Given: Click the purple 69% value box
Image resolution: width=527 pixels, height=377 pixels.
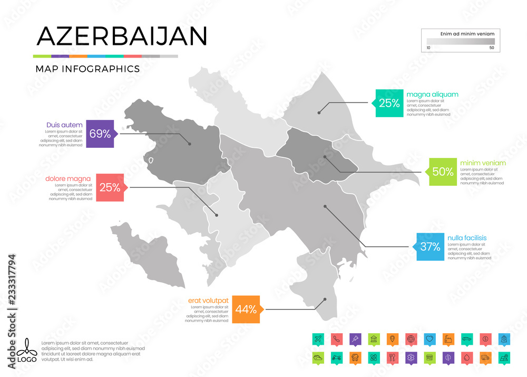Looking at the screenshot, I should (x=100, y=134).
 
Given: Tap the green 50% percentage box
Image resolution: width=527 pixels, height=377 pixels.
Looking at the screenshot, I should (x=443, y=171).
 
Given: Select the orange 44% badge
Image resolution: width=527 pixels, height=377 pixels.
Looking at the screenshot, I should (x=246, y=309).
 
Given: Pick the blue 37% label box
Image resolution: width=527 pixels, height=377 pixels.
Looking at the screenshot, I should (x=430, y=246).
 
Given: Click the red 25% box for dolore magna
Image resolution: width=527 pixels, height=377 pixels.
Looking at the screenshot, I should (x=110, y=187).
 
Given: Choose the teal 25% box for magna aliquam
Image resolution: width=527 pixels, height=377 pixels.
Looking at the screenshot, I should (x=389, y=103).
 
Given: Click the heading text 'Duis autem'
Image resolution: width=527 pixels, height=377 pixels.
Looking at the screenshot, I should (x=64, y=125).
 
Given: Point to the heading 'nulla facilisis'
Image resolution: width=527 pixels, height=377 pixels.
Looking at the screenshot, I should (x=467, y=238).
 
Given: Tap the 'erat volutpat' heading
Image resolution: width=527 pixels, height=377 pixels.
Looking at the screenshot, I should (x=208, y=300).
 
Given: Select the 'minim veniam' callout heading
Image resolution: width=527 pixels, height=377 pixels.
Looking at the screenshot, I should (x=483, y=163).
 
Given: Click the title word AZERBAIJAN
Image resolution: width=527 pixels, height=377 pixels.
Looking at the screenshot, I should (x=121, y=36).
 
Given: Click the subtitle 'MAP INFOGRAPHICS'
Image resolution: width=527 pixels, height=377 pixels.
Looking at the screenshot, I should (x=87, y=69).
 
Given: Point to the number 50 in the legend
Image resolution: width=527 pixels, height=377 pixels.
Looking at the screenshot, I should (x=492, y=48).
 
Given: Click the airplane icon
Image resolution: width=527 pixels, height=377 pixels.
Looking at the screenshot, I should (x=317, y=338).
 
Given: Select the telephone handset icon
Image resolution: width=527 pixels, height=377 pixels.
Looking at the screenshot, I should (x=336, y=338).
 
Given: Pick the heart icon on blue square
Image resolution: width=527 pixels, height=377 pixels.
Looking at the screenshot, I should (x=430, y=338).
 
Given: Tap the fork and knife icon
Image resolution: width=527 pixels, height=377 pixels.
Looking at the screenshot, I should (x=391, y=357).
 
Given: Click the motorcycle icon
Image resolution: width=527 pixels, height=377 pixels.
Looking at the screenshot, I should (x=336, y=357).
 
